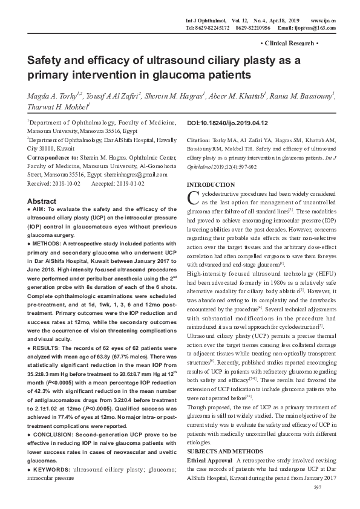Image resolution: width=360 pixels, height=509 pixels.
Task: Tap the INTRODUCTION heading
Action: tap(211, 184)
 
